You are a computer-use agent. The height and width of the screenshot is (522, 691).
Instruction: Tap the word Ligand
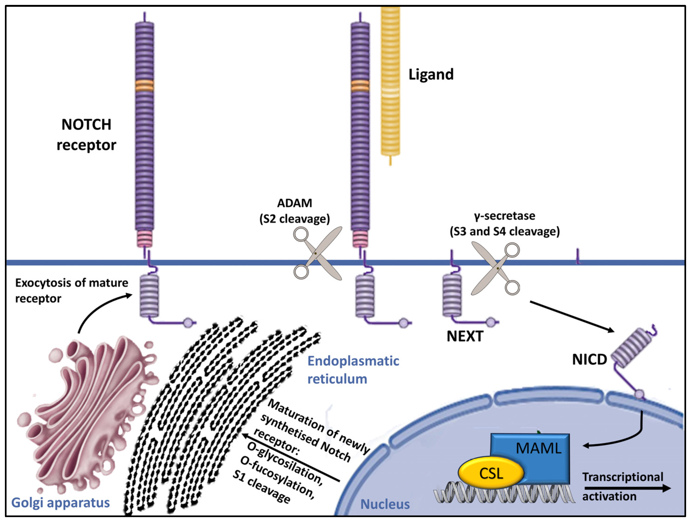pos(431,75)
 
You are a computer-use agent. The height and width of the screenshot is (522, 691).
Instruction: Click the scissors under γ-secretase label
pos(496,268)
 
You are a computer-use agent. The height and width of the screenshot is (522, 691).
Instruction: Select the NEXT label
pos(465,336)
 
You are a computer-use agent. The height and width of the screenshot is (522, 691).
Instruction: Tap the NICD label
pos(589,360)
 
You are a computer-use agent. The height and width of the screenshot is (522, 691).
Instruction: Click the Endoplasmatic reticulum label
pos(353,370)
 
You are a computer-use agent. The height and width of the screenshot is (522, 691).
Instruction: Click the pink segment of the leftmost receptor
pos(144,239)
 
